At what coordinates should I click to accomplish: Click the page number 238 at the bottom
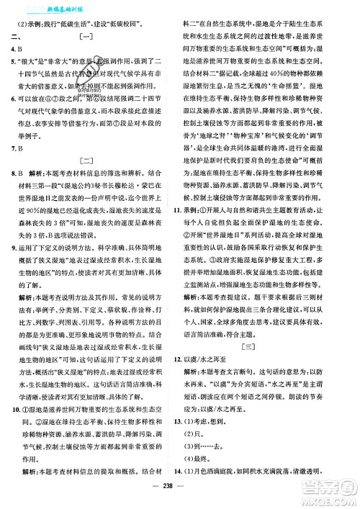click(179, 500)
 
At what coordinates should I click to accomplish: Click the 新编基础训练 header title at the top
click(48, 6)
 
